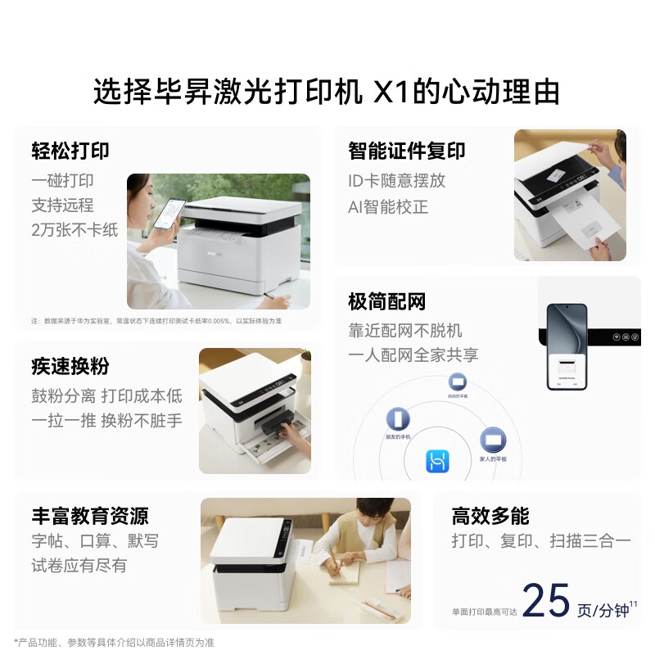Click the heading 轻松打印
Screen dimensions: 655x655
coord(70,151)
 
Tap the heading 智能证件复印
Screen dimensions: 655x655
coord(406,151)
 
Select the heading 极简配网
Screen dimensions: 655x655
coord(386,302)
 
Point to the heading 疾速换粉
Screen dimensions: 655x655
coord(70,366)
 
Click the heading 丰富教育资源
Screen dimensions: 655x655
coord(90,516)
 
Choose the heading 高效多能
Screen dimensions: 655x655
coord(490,516)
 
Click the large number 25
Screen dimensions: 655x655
coord(545,602)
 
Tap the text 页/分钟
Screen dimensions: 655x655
coord(603,611)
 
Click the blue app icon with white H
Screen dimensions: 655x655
coord(437,462)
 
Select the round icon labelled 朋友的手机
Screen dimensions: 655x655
coord(398,419)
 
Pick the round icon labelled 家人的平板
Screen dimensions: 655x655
coord(492,440)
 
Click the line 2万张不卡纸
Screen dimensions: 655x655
coord(75,230)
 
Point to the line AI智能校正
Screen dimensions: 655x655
coord(388,207)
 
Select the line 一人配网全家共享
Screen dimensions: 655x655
coord(413,355)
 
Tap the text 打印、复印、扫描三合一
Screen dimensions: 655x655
coord(541,541)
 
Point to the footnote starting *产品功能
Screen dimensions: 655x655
coord(114,643)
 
